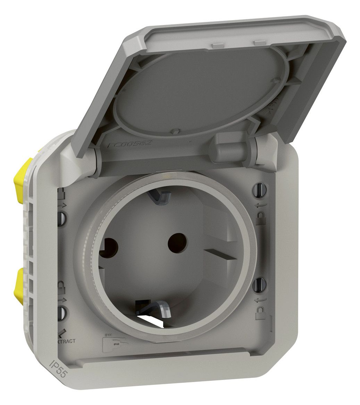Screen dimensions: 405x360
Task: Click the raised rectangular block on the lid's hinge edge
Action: click(229, 148)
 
